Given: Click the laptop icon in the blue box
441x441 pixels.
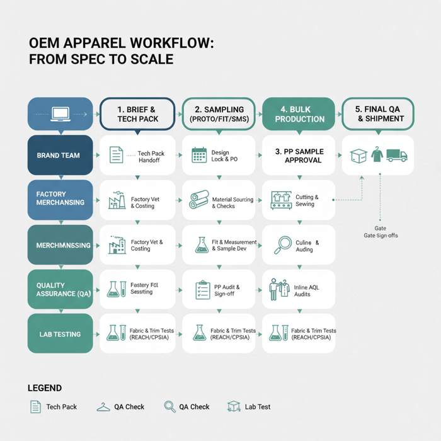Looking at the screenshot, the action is point(60,114).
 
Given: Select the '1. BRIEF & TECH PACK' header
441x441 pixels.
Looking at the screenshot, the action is point(137,114).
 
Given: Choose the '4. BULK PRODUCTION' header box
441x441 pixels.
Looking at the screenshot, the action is point(299,114).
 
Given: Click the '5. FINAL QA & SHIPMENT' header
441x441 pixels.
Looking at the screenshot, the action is point(378,114).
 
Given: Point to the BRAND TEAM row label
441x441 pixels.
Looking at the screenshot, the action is point(59,155).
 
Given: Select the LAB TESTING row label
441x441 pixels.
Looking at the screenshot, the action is point(59,335).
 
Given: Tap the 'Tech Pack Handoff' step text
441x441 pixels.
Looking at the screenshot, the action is point(151,157).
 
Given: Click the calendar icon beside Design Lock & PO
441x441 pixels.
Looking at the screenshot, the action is point(199,155).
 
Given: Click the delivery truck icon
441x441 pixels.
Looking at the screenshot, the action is point(397,155).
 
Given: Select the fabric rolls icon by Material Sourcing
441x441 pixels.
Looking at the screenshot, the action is point(199,200).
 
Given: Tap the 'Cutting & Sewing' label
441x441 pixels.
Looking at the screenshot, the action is point(307,200).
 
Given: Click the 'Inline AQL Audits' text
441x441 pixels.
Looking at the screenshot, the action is point(307,290).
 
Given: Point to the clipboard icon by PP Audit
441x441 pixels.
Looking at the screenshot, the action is point(202,290).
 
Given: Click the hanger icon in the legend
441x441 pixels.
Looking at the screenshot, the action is point(103,407).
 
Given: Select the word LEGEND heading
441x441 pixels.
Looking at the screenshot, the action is point(45,388).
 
